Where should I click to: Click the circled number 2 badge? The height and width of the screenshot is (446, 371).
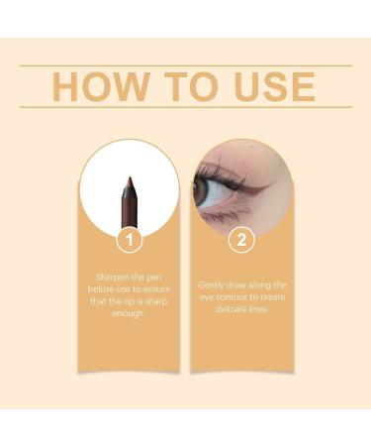click(241, 239)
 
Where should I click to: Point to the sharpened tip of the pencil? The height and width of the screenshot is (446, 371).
click(128, 179)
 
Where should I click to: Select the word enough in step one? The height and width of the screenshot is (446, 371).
click(128, 312)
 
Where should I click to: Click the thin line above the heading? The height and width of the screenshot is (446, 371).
click(185, 65)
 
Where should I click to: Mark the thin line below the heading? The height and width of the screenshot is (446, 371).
click(185, 107)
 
